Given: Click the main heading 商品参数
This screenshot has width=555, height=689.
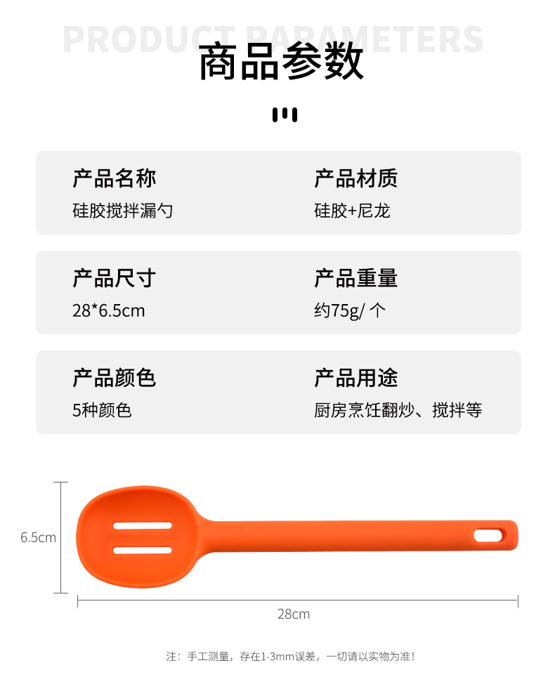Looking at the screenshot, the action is coord(281,62).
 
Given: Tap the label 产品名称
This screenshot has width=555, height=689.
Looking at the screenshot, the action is coord(115,178).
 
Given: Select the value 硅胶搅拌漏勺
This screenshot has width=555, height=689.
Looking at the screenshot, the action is coord(123,211).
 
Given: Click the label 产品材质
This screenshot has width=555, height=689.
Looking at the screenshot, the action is coord(356,178).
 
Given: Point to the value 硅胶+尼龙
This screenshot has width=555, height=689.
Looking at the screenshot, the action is coord(352,211).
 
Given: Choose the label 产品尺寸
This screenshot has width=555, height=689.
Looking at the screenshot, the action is coord(115,278).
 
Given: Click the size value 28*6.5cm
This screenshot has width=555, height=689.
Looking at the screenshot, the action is coord(108,310).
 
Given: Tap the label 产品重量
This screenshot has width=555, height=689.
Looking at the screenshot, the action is coord(356,278).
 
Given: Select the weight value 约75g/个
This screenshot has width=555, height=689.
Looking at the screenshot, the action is coord(350,310).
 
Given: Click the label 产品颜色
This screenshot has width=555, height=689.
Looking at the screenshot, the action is coord(115,378).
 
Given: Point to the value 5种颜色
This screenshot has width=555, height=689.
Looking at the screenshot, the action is coord(102,410).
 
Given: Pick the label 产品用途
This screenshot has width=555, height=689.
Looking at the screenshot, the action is coord(356,378).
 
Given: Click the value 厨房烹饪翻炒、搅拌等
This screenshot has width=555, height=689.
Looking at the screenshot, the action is coord(398,410).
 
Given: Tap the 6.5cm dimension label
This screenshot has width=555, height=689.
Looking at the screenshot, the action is coord(38,537).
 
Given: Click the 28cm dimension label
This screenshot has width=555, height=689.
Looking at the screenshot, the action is coord(294,614).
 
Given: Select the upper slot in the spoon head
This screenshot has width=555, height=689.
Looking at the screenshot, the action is coord(143,525).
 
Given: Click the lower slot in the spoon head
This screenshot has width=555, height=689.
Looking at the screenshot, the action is coord(143,550).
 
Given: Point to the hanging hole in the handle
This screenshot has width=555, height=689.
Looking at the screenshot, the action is coord(488,536).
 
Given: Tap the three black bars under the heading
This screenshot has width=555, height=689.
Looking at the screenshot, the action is coord(285,114).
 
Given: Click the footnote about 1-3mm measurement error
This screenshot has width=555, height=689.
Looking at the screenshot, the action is coord(290,657).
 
